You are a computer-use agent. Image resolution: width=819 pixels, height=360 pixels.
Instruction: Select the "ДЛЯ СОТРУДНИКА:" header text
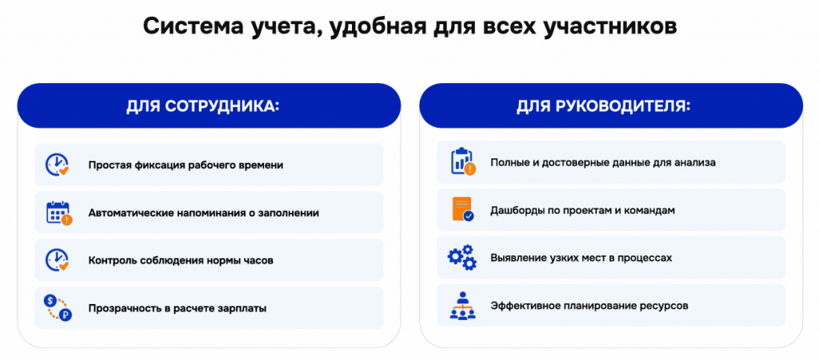(x=203, y=106)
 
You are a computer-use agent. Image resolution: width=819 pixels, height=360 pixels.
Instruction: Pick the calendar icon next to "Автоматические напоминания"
(x=58, y=213)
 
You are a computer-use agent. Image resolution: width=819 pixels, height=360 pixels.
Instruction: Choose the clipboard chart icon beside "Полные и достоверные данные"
(x=463, y=162)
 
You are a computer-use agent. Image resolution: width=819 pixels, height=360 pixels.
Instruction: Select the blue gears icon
(x=462, y=257)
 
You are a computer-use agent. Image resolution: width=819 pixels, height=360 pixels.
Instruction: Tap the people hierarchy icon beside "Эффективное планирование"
(x=462, y=306)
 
